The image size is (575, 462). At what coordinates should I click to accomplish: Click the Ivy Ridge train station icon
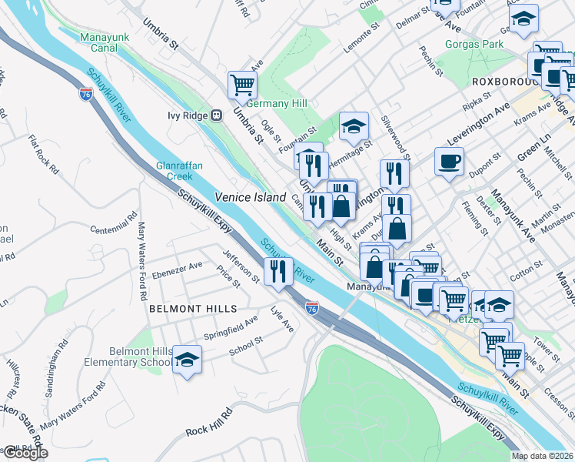(x=217, y=115)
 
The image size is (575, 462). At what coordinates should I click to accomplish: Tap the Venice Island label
(x=244, y=197)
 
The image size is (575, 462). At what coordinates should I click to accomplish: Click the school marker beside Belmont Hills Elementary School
(x=186, y=360)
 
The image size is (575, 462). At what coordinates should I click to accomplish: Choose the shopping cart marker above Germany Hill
(x=242, y=84)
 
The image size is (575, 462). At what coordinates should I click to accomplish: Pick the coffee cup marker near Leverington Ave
(x=449, y=161)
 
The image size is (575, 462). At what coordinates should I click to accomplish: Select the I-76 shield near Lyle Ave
(x=312, y=307)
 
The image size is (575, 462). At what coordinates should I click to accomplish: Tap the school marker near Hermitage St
(x=354, y=126)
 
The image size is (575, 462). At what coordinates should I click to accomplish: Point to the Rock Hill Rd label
(x=208, y=427)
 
